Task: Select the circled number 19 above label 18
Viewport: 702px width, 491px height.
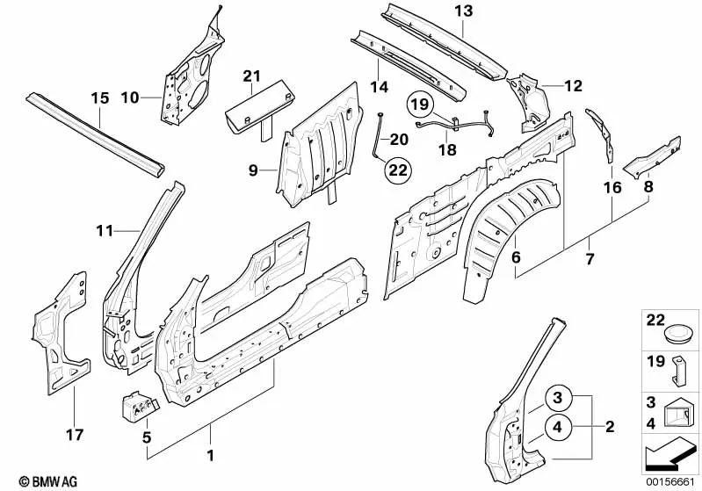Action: point(421,106)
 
